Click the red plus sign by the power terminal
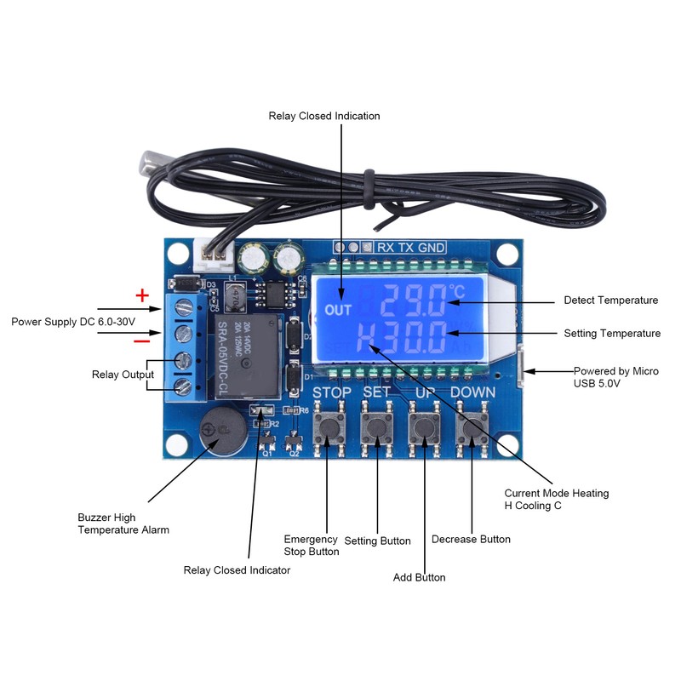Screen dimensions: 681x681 (x=143, y=295)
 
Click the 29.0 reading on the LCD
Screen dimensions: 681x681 (x=413, y=300)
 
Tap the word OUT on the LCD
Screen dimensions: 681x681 (x=338, y=311)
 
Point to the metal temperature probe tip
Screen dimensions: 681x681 (x=157, y=162)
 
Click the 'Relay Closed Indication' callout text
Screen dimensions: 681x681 (x=324, y=116)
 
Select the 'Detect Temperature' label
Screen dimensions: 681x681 (x=610, y=300)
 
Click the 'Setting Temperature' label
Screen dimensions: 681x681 (x=611, y=334)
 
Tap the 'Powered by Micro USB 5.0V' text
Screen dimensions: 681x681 (x=615, y=377)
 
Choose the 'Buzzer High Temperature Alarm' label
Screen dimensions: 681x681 (x=123, y=524)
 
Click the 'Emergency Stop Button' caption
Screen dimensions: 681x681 (x=311, y=546)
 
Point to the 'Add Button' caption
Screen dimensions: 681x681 (x=419, y=577)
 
